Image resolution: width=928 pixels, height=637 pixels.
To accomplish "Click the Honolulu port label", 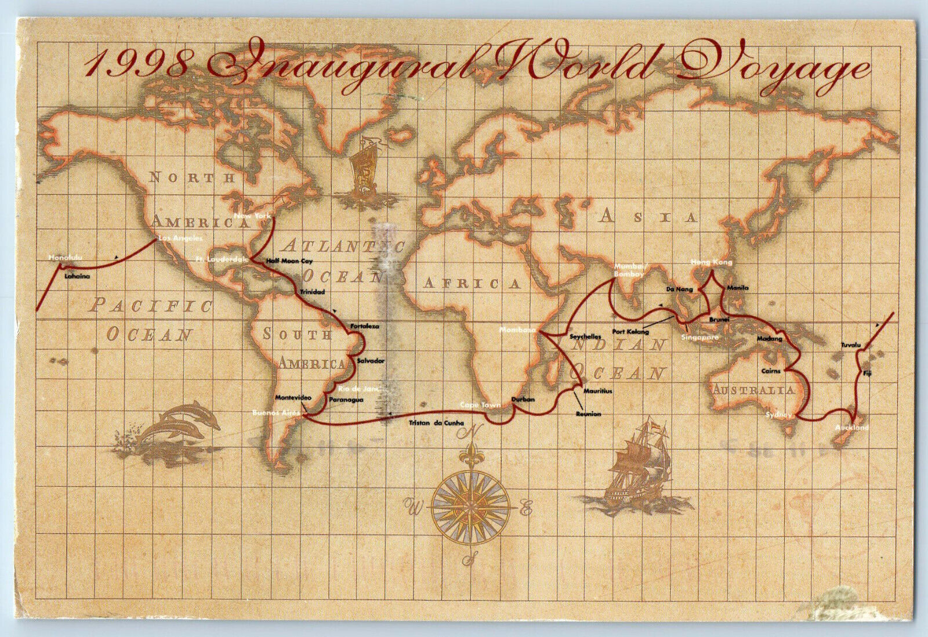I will click(x=65, y=257).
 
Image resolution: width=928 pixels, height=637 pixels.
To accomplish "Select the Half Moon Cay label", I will click(x=289, y=261).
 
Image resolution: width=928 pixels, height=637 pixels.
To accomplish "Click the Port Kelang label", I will click(x=631, y=332).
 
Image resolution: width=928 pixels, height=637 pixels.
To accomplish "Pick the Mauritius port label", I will click(x=597, y=392).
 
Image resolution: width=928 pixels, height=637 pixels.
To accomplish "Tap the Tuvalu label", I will click(x=851, y=345).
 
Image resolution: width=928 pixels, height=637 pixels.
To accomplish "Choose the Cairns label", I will click(x=771, y=371).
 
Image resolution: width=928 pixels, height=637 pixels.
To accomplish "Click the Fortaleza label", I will click(x=364, y=327).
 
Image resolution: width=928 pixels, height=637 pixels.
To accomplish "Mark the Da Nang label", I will click(x=679, y=288).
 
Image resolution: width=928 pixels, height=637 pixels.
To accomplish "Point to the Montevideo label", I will click(x=293, y=398).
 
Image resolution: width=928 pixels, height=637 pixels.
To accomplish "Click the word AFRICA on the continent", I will click(x=472, y=284).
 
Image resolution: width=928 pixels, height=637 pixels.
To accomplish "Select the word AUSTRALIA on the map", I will click(x=753, y=390).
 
